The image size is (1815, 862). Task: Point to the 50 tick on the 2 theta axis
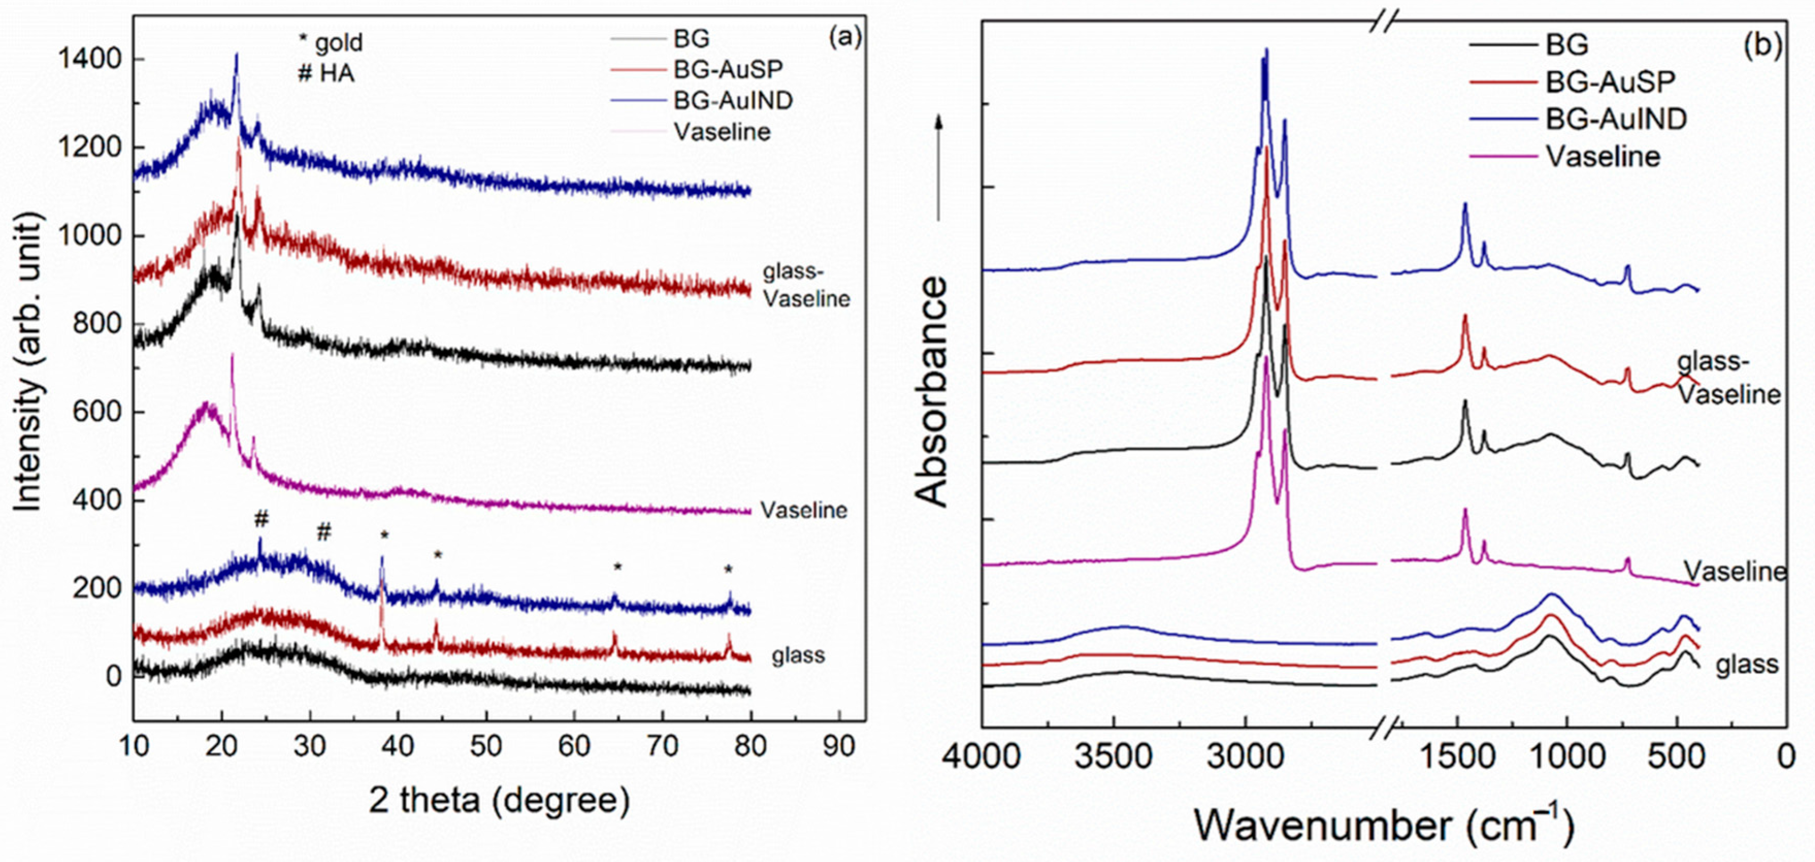486,746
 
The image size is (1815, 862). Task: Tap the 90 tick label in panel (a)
838,746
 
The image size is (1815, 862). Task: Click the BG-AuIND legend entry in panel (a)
733,100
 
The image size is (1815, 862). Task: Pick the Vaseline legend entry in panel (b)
1603,156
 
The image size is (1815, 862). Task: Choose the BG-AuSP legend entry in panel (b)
1610,82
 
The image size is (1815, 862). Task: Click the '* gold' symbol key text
331,43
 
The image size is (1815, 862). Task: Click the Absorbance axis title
933,392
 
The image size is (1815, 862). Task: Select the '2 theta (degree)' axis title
499,801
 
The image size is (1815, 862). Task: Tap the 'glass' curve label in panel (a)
798,656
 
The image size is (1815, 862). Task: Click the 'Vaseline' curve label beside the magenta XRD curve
803,510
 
